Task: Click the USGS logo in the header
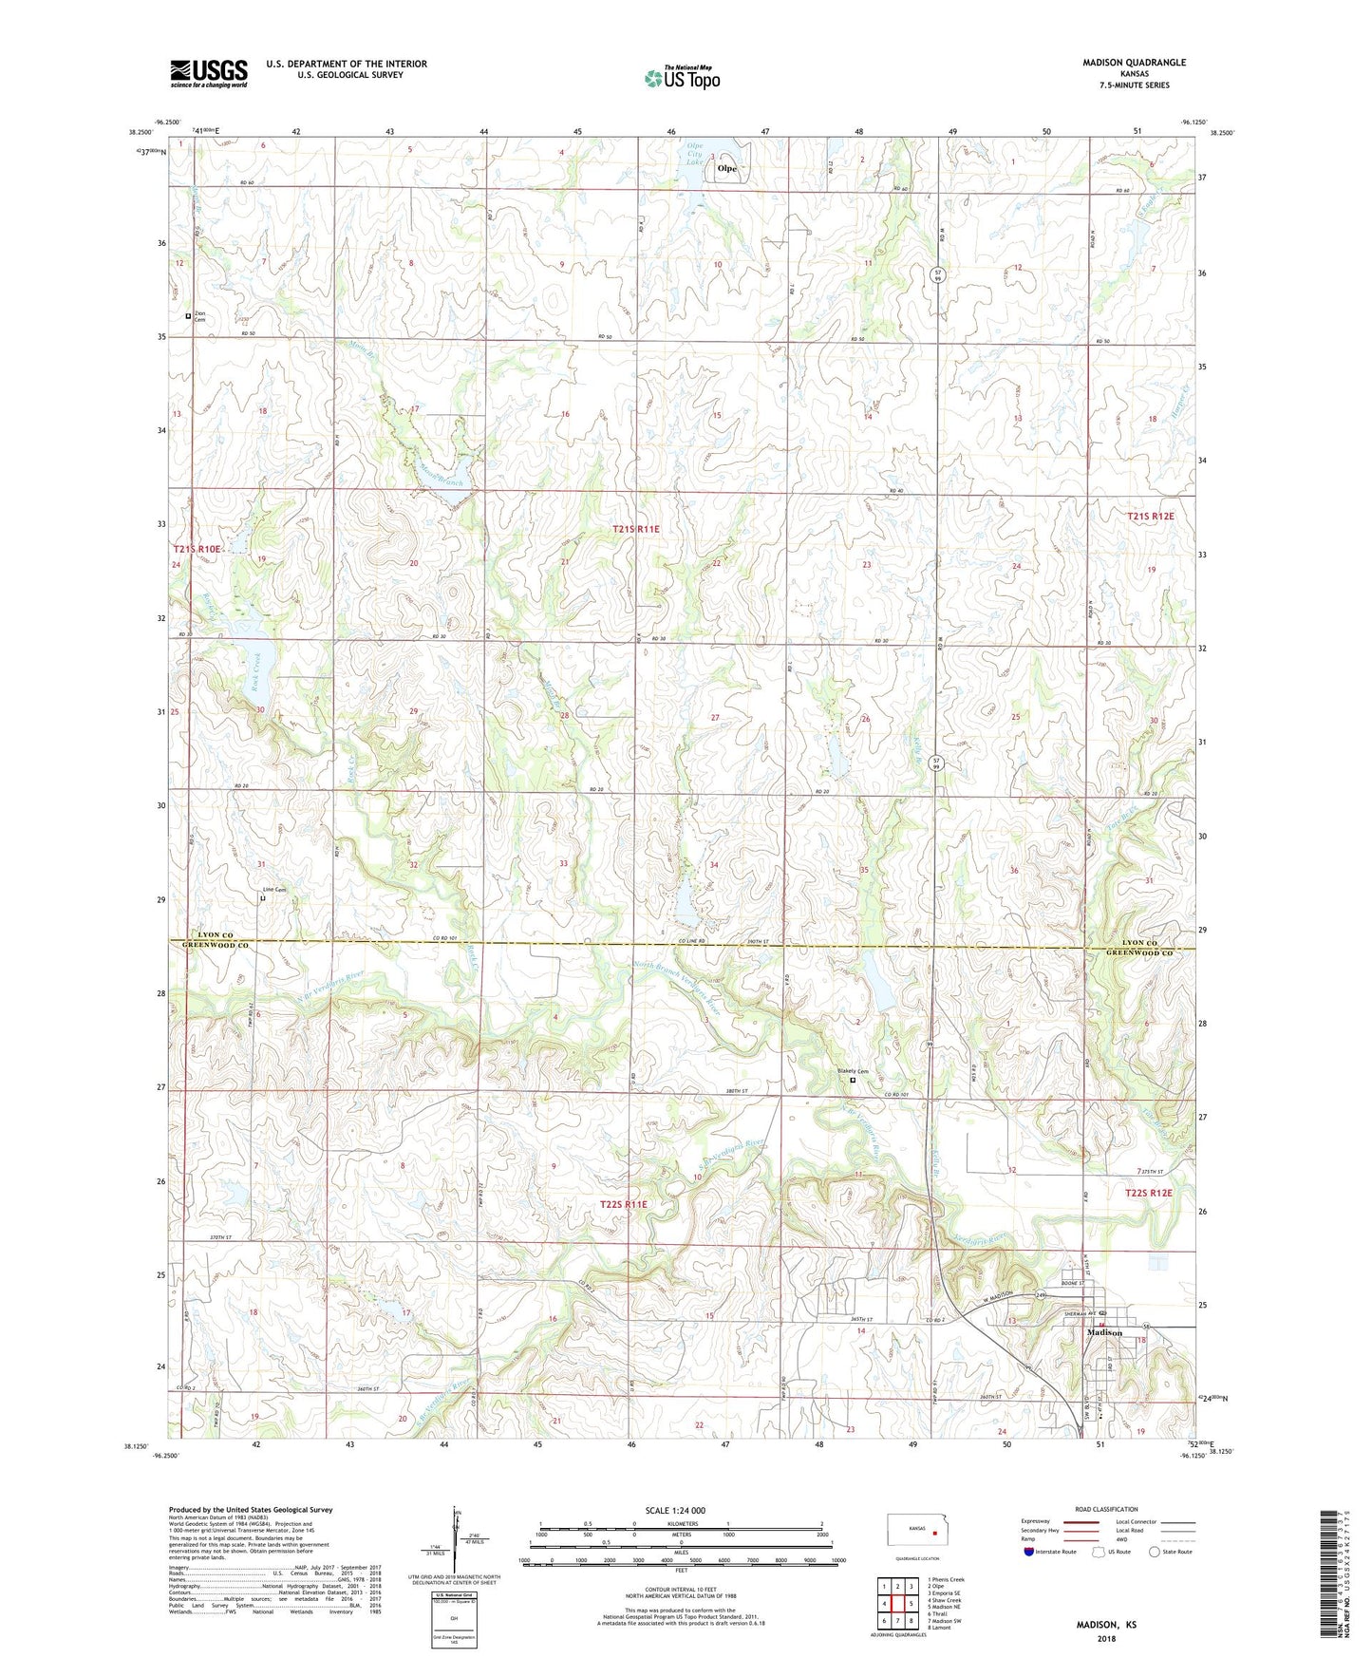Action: click(x=209, y=73)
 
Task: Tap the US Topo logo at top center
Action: click(x=681, y=78)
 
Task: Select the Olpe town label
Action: click(x=727, y=168)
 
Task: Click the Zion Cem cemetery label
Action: click(x=199, y=316)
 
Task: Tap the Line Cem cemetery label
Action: click(x=273, y=890)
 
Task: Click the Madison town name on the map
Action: click(x=1104, y=1332)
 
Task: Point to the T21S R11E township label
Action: click(x=635, y=529)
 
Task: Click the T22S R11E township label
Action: click(x=623, y=1204)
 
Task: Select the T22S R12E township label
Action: click(x=1149, y=1193)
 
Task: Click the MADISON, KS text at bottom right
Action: click(x=1106, y=1625)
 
